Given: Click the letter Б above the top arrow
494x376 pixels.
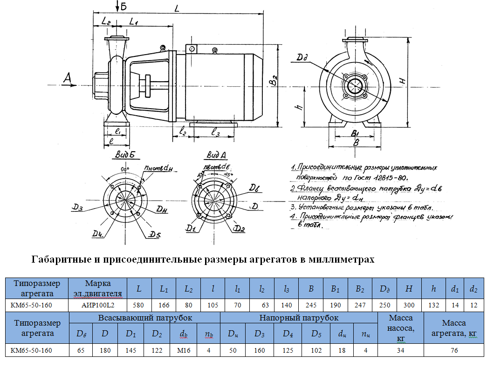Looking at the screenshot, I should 123,6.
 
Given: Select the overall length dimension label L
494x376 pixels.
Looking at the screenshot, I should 177,7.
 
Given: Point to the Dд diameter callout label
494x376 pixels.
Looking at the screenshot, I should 302,58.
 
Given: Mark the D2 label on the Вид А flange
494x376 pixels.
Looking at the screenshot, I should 240,228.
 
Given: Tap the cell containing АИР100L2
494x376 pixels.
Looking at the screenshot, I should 98,305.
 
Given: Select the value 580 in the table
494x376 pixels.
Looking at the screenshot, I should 139,305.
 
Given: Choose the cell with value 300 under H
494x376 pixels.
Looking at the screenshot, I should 409,305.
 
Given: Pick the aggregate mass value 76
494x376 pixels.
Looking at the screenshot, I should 454,350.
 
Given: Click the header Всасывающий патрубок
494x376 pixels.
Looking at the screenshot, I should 144,318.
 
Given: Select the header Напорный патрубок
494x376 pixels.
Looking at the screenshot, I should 298,318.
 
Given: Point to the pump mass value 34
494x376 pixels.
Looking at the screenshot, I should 401,350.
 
